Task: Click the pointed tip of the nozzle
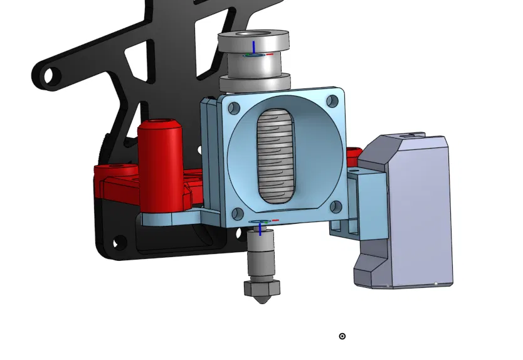tap(261, 302)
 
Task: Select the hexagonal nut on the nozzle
tap(261, 289)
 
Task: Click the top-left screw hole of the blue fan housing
tap(234, 108)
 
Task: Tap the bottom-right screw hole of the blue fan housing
tap(335, 205)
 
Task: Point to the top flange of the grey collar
tap(253, 38)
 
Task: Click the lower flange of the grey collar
tap(255, 82)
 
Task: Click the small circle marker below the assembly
tap(342, 336)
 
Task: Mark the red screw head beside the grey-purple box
tap(354, 152)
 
